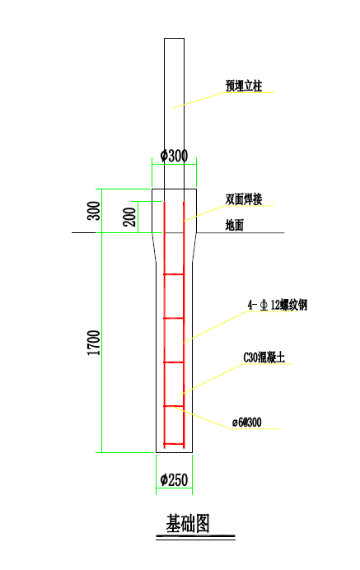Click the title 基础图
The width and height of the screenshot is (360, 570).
click(188, 523)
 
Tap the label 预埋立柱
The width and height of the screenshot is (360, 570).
click(244, 86)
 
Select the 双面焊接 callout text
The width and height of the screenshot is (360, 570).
click(244, 199)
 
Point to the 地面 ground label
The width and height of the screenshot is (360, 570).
click(234, 225)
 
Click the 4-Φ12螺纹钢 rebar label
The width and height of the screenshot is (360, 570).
click(278, 305)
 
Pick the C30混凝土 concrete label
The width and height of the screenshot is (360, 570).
click(264, 357)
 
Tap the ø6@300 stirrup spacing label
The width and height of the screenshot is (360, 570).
click(247, 423)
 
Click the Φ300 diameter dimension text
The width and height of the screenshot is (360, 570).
click(174, 156)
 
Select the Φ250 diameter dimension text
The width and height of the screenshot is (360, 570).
click(174, 480)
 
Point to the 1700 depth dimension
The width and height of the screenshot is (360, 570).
click(94, 343)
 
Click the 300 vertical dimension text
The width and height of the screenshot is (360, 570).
click(94, 211)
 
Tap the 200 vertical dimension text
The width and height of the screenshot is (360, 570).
click(130, 217)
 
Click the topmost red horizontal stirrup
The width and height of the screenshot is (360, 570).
click(174, 274)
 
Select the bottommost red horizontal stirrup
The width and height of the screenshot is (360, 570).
click(174, 444)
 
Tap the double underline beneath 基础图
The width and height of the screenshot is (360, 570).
click(195, 537)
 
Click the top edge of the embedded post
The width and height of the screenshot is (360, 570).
click(174, 38)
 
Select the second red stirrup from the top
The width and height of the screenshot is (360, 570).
click(174, 318)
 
